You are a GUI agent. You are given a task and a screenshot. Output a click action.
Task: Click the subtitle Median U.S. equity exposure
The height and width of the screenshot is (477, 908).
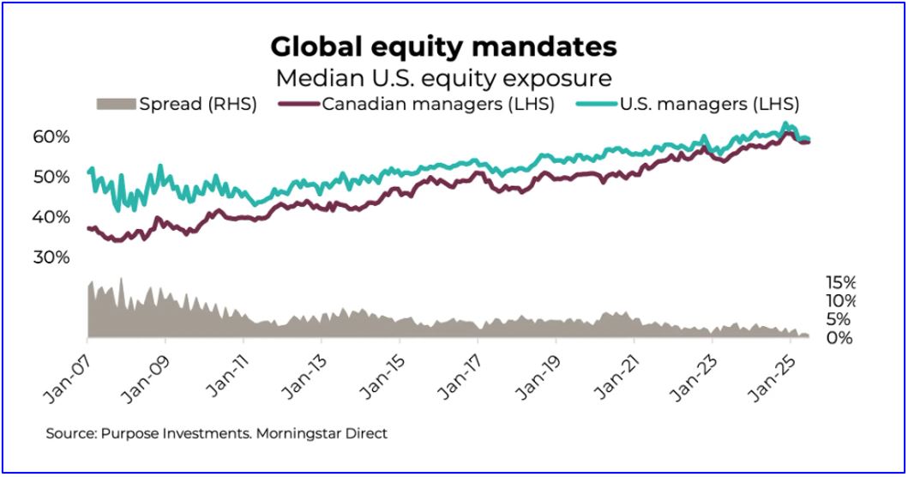(443, 77)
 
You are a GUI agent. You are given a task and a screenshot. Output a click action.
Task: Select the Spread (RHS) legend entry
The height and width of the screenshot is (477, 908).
(198, 105)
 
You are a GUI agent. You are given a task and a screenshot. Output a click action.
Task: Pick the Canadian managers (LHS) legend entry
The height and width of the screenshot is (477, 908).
(437, 105)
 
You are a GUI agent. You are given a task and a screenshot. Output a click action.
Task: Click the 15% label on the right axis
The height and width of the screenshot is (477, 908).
(839, 282)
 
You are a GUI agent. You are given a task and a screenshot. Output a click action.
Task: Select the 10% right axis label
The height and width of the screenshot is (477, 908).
(839, 301)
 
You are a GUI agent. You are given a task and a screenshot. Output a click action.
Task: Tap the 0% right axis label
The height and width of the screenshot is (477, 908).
(839, 338)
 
